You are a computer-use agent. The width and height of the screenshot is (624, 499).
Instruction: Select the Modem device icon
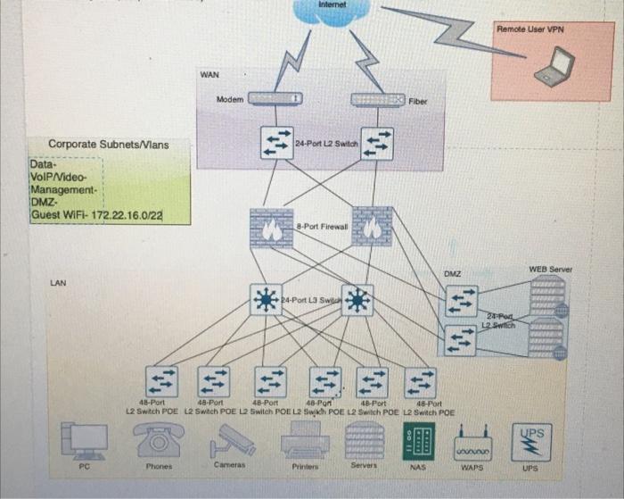(x=275, y=99)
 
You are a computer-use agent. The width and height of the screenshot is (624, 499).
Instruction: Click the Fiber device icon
(x=378, y=100)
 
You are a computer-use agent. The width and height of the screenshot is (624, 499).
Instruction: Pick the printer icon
(x=305, y=440)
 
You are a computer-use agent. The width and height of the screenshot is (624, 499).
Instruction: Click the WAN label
(x=209, y=76)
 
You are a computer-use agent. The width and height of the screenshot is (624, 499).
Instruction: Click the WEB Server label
(x=550, y=269)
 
